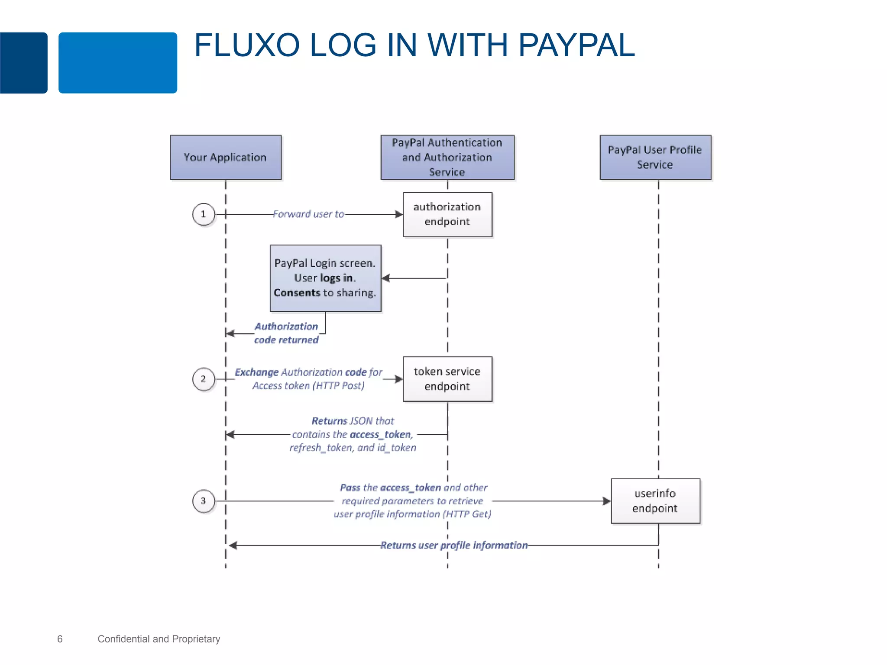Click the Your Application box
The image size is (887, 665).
225,157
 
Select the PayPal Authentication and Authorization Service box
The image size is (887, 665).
447,157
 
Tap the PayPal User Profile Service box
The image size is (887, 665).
655,157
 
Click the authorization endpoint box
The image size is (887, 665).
447,214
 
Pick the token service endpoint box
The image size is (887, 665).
447,379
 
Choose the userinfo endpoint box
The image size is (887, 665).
655,501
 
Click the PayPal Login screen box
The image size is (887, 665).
325,278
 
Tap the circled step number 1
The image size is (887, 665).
203,214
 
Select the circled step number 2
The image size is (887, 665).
203,379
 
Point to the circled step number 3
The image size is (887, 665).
203,501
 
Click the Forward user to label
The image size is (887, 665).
308,214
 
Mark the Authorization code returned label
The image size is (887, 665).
286,333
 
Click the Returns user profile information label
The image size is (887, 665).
454,545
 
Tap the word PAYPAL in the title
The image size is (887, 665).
576,45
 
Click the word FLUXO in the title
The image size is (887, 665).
247,45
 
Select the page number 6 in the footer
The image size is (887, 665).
60,639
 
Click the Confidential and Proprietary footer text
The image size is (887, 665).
159,639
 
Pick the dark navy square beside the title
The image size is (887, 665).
23,63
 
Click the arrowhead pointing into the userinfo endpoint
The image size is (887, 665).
607,501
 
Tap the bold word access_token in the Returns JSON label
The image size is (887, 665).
380,434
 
